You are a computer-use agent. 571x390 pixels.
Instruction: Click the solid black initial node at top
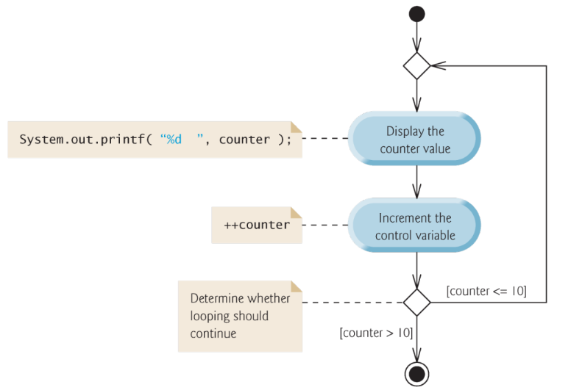[416, 14]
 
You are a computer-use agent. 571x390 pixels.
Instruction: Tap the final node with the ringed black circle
[416, 372]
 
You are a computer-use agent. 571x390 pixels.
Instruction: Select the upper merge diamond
[416, 65]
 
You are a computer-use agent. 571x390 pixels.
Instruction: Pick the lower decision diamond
[416, 302]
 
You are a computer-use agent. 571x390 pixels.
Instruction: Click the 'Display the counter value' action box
[416, 140]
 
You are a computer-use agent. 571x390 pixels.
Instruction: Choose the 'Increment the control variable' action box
[416, 226]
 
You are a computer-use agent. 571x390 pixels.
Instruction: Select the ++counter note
[257, 225]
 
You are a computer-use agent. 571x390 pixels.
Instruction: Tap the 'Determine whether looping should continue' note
[240, 317]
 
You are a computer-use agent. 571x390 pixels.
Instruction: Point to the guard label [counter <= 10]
[486, 291]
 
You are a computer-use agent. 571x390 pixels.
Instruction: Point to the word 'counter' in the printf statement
[244, 139]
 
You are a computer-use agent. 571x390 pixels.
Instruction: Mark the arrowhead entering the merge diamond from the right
[437, 65]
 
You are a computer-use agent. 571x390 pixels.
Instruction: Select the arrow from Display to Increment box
[416, 184]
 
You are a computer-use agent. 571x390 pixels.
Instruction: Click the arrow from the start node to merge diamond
[416, 36]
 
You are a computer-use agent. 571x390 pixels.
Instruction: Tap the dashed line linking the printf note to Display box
[326, 139]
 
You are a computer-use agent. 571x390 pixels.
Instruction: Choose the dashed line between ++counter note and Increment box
[326, 225]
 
